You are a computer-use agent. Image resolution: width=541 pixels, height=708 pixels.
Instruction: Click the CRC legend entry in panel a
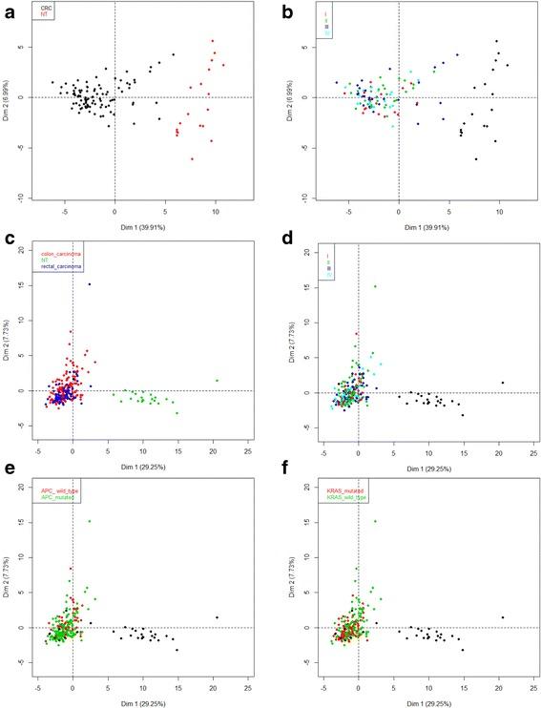pos(45,9)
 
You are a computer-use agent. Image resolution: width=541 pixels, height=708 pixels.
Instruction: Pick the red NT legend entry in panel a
pos(44,16)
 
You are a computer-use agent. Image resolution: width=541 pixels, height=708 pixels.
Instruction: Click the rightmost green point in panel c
pos(218,381)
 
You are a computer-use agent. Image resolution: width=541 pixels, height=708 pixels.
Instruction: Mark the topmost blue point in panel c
pos(90,283)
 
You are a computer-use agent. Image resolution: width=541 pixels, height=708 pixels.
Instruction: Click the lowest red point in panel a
pos(192,159)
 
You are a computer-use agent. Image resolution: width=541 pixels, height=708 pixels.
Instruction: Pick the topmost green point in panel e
pos(90,521)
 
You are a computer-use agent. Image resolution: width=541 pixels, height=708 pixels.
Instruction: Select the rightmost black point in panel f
pos(504,617)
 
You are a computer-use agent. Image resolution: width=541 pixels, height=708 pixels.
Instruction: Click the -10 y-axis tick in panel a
pos(23,198)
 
